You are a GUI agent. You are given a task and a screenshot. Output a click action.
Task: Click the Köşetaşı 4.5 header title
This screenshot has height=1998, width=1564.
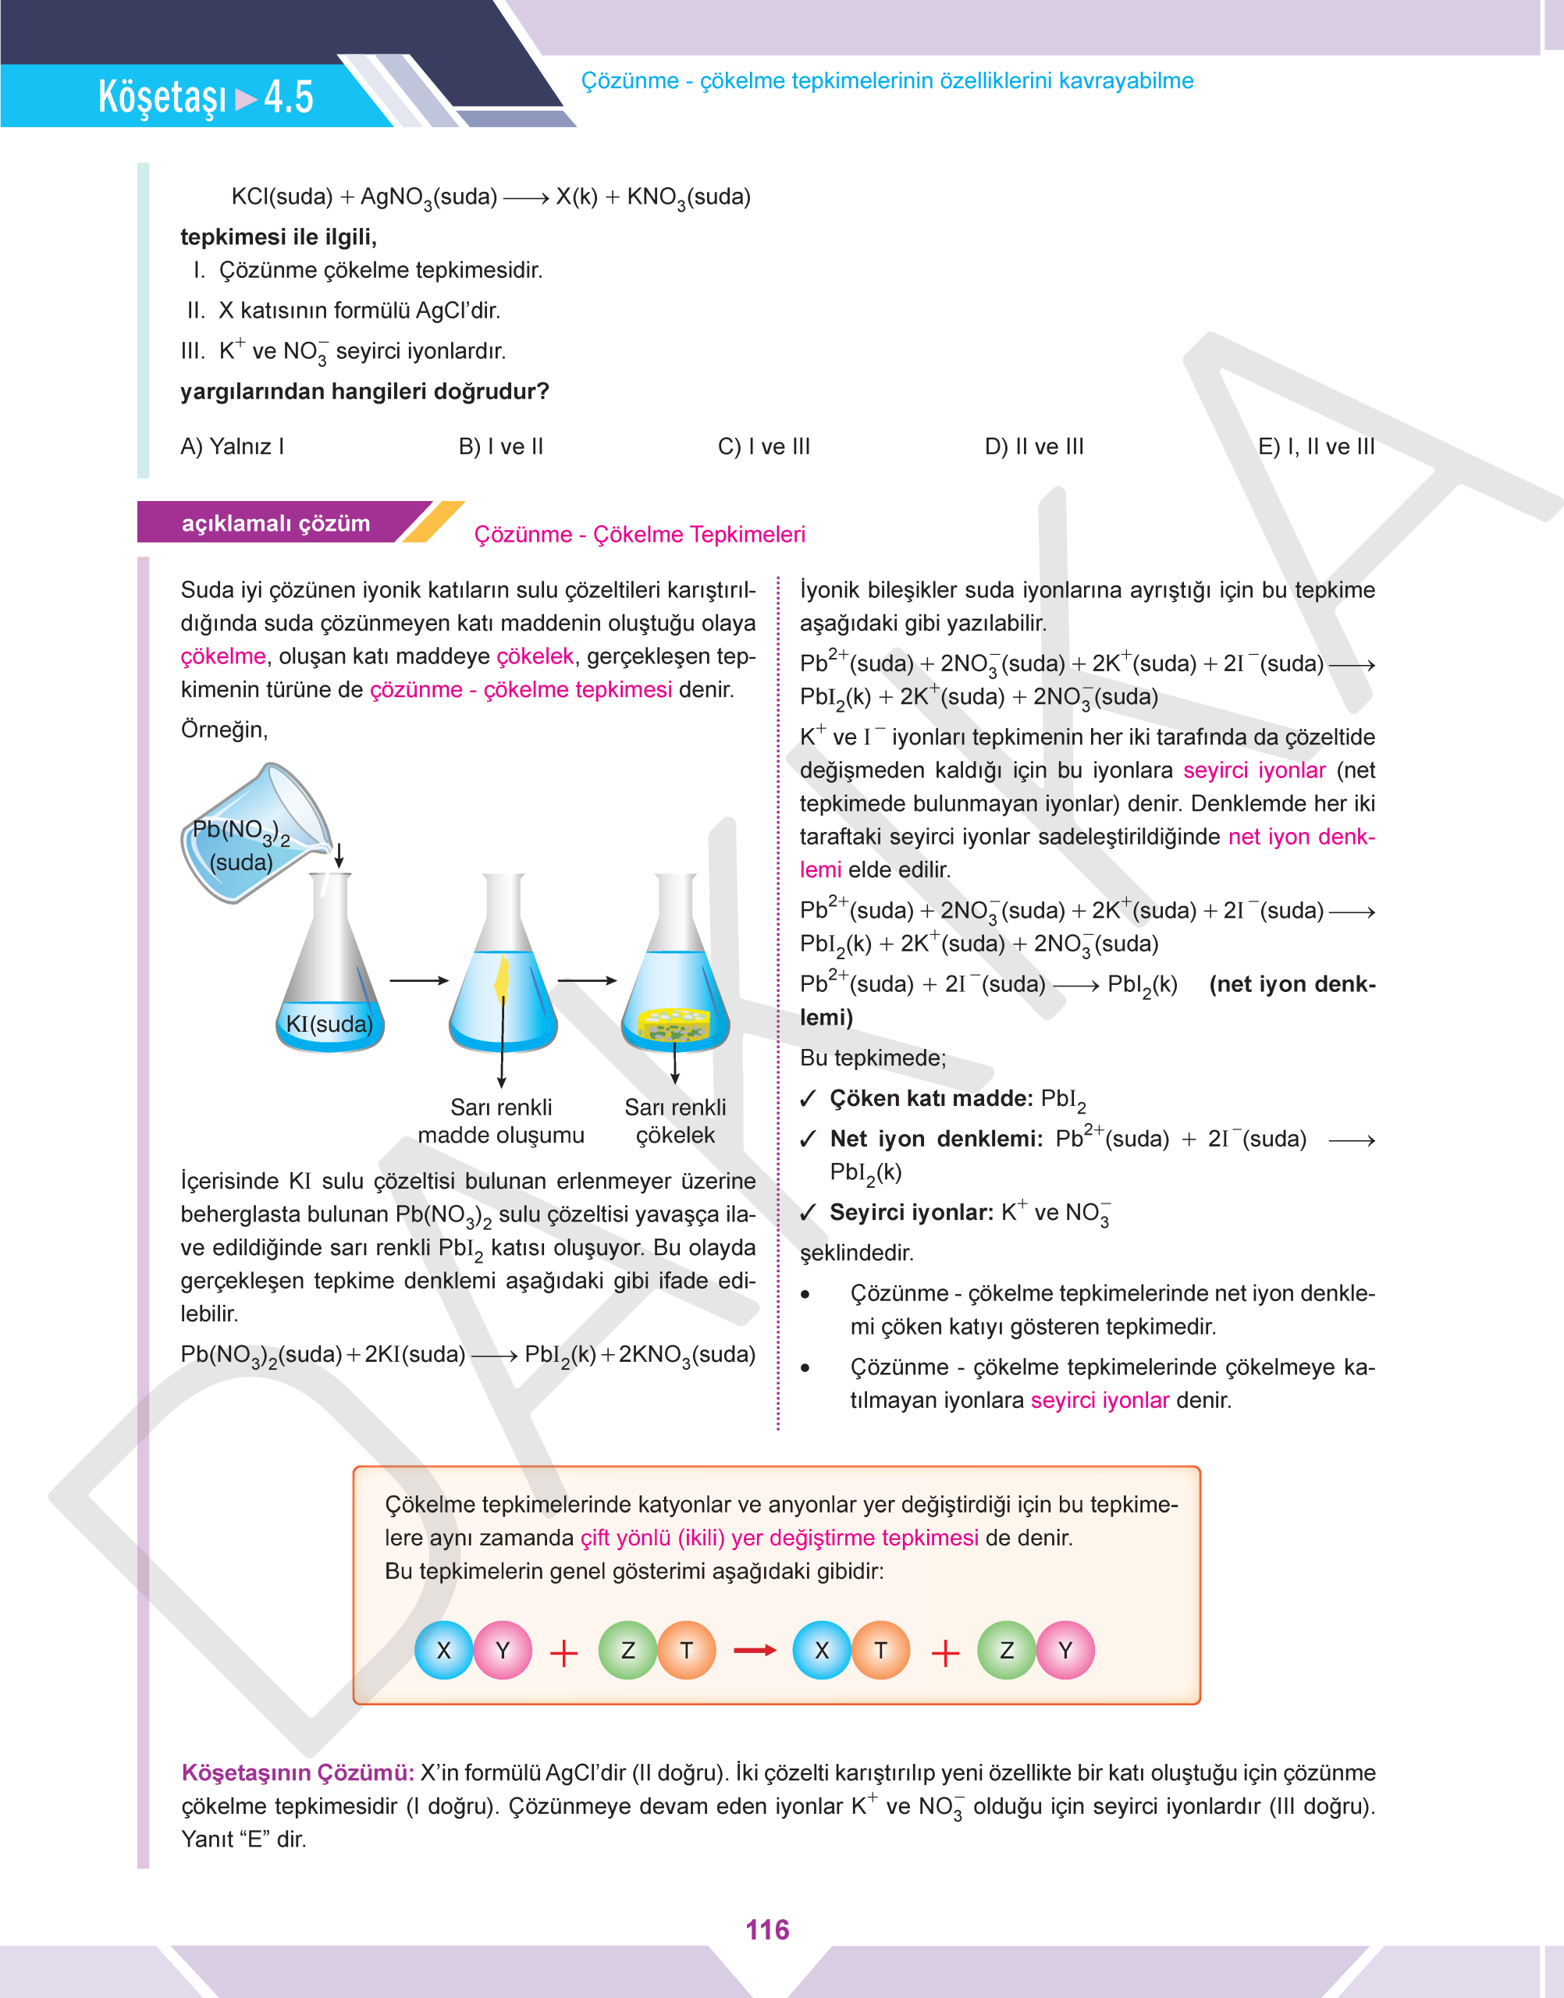(x=206, y=96)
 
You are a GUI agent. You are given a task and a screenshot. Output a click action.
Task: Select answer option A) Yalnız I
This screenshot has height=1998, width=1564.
(x=232, y=447)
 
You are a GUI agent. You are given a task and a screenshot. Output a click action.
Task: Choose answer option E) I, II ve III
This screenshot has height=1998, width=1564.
(x=1316, y=447)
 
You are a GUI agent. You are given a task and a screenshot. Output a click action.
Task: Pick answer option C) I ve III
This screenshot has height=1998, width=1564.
(x=764, y=447)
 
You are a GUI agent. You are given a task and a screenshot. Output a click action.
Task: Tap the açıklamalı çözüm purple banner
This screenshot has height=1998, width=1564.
(x=275, y=523)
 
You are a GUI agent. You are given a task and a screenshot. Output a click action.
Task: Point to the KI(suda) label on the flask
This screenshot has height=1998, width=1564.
(x=329, y=1024)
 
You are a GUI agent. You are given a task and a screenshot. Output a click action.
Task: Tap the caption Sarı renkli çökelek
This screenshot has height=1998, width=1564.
(x=675, y=1121)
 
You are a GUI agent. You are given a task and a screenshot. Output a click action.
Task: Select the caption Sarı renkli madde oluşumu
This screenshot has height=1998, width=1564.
(x=501, y=1121)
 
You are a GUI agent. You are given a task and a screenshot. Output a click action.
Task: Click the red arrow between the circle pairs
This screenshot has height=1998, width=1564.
(x=755, y=1650)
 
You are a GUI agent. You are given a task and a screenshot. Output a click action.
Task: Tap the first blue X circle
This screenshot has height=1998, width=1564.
(x=444, y=1650)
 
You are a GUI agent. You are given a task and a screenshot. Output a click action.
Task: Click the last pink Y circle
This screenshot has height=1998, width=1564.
(x=1065, y=1650)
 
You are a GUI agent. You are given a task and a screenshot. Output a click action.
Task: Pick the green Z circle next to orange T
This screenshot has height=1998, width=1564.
(x=628, y=1650)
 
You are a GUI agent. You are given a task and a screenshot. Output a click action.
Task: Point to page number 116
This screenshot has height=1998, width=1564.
(x=767, y=1930)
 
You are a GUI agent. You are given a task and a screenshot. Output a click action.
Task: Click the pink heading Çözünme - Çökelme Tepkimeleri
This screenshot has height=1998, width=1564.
(x=639, y=534)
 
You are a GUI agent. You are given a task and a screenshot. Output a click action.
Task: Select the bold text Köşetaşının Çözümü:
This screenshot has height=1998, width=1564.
(x=297, y=1772)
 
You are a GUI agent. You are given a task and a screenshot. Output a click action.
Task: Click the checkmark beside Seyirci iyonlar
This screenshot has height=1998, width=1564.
(x=808, y=1214)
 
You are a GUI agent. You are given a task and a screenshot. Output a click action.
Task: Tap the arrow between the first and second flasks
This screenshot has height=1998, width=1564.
(x=418, y=981)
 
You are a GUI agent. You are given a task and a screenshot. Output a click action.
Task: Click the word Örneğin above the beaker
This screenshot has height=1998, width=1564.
(x=223, y=730)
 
